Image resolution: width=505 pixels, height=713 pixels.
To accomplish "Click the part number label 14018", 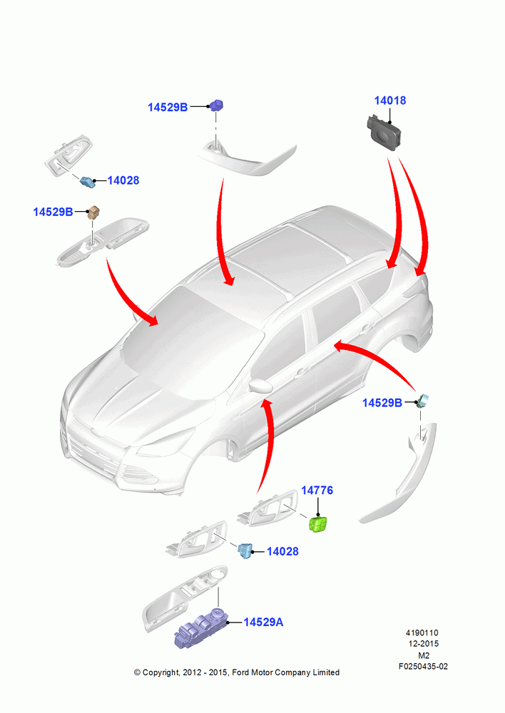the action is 390,101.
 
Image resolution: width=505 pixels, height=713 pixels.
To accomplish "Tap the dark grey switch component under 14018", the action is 384,131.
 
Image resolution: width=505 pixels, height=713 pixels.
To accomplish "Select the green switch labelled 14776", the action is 318,524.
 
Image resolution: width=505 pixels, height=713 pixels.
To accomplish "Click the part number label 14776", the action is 317,491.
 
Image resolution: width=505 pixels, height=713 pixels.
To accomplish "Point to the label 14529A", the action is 263,622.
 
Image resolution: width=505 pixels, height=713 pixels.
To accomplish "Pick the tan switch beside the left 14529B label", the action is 93,212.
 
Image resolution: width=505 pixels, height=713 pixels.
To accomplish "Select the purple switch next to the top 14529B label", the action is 217,106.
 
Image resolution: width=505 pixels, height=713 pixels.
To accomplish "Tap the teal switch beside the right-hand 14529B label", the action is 424,401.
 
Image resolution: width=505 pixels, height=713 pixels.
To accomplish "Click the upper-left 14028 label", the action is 123,180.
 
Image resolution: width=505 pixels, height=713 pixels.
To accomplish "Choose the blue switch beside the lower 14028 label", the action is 245,550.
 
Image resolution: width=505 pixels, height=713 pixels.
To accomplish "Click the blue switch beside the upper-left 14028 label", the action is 87,182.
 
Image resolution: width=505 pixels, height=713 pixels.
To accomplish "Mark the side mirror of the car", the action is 260,386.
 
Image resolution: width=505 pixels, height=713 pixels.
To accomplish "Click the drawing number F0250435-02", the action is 423,667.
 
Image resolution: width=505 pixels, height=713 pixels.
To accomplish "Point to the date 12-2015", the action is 424,644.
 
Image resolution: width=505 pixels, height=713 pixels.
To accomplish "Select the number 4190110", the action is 422,633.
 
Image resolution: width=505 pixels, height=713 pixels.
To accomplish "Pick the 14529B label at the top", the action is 168,108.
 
